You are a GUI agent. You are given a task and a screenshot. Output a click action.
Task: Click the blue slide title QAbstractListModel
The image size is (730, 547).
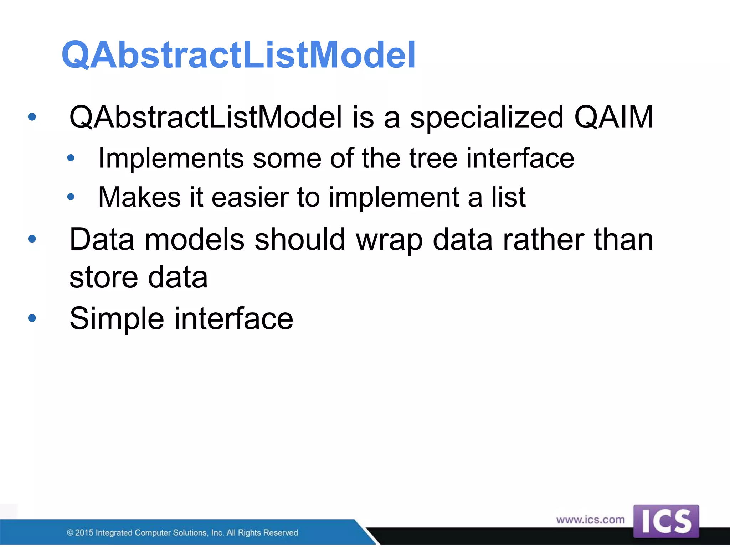tap(238, 55)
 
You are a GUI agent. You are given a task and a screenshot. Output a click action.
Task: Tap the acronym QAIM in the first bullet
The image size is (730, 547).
tap(613, 117)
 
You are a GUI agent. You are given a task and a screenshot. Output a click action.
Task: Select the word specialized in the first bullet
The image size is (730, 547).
tap(487, 118)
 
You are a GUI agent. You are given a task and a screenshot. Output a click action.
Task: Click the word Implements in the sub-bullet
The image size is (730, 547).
tap(171, 158)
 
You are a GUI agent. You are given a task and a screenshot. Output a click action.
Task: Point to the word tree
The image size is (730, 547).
tap(433, 158)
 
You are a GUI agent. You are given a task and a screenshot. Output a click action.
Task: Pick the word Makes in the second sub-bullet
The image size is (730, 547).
tap(139, 197)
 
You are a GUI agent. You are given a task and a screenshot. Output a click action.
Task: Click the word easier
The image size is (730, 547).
tap(250, 197)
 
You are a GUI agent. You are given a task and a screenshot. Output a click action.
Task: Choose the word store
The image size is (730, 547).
tap(103, 278)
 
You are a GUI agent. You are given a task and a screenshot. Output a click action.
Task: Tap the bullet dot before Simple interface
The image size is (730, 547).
tap(32, 318)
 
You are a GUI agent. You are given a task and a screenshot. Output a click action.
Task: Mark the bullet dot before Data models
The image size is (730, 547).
tap(32, 239)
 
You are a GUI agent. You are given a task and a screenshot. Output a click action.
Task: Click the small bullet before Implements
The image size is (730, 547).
tap(71, 158)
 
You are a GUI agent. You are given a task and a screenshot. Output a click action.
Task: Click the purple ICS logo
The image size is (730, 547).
tap(666, 521)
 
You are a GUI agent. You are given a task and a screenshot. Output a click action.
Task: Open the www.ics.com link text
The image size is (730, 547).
tap(590, 520)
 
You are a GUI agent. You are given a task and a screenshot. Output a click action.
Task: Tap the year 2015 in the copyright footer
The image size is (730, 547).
tap(84, 533)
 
